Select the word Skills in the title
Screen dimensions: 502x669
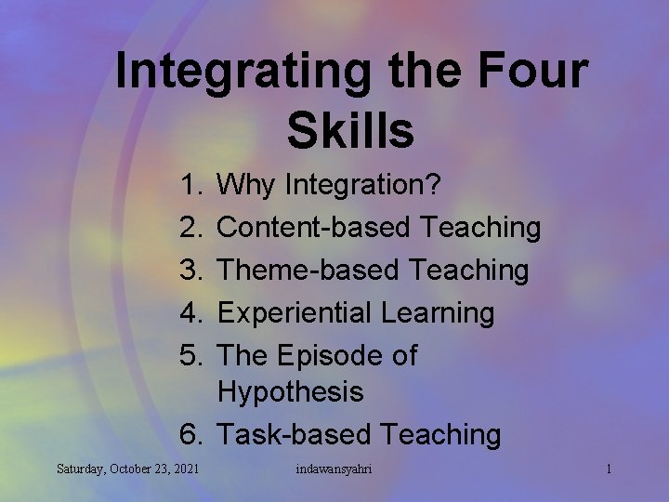click(350, 131)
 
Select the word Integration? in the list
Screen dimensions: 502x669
click(368, 186)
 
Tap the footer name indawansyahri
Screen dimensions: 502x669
click(334, 469)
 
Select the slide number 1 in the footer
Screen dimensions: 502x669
click(608, 469)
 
